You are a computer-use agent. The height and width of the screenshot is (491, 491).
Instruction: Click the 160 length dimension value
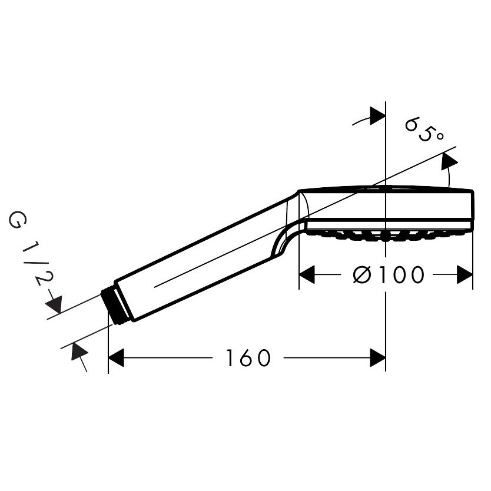point(248,357)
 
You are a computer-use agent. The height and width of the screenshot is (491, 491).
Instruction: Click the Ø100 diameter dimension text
point(389,274)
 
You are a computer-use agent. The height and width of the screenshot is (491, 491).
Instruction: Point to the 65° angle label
point(424,130)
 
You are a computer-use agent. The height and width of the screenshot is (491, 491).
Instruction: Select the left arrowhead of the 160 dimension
point(116,357)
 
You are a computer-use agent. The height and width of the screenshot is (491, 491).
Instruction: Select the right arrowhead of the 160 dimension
point(377,357)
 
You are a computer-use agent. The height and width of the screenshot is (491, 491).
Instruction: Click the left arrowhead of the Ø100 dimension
point(307,274)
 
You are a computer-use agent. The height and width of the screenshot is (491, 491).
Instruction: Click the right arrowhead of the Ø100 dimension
point(465,274)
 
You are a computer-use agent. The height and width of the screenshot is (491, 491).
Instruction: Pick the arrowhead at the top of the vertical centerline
point(377,116)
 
